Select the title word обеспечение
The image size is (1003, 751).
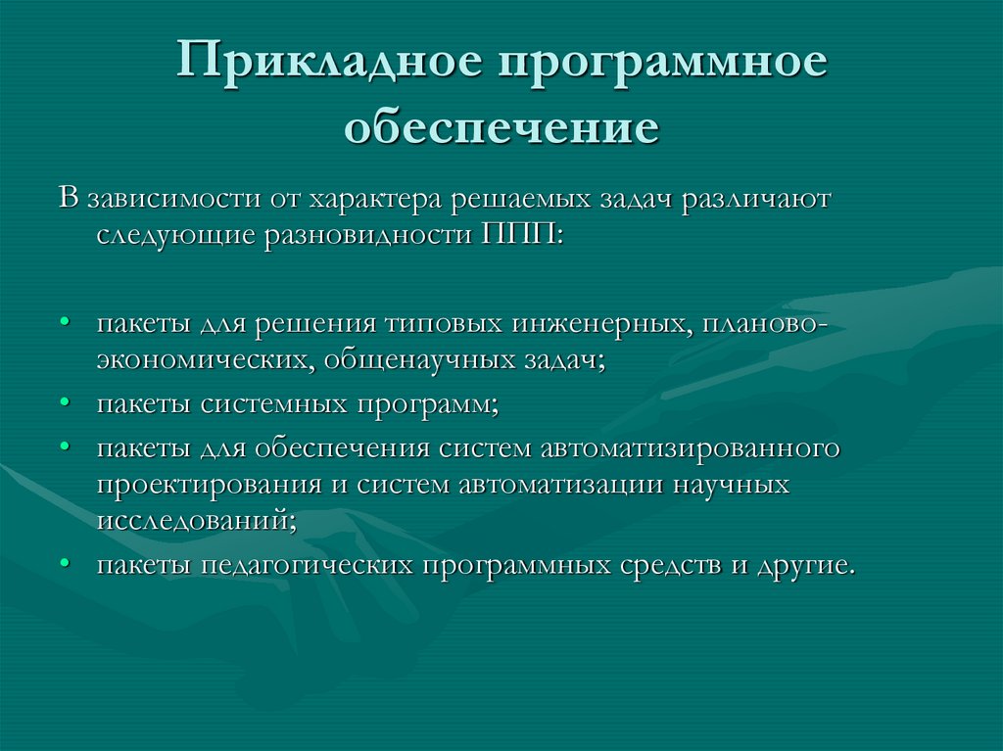[x=501, y=128]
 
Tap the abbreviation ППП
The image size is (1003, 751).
[x=517, y=236]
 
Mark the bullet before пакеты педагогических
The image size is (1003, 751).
[x=65, y=565]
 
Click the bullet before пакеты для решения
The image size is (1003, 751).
[x=65, y=323]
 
